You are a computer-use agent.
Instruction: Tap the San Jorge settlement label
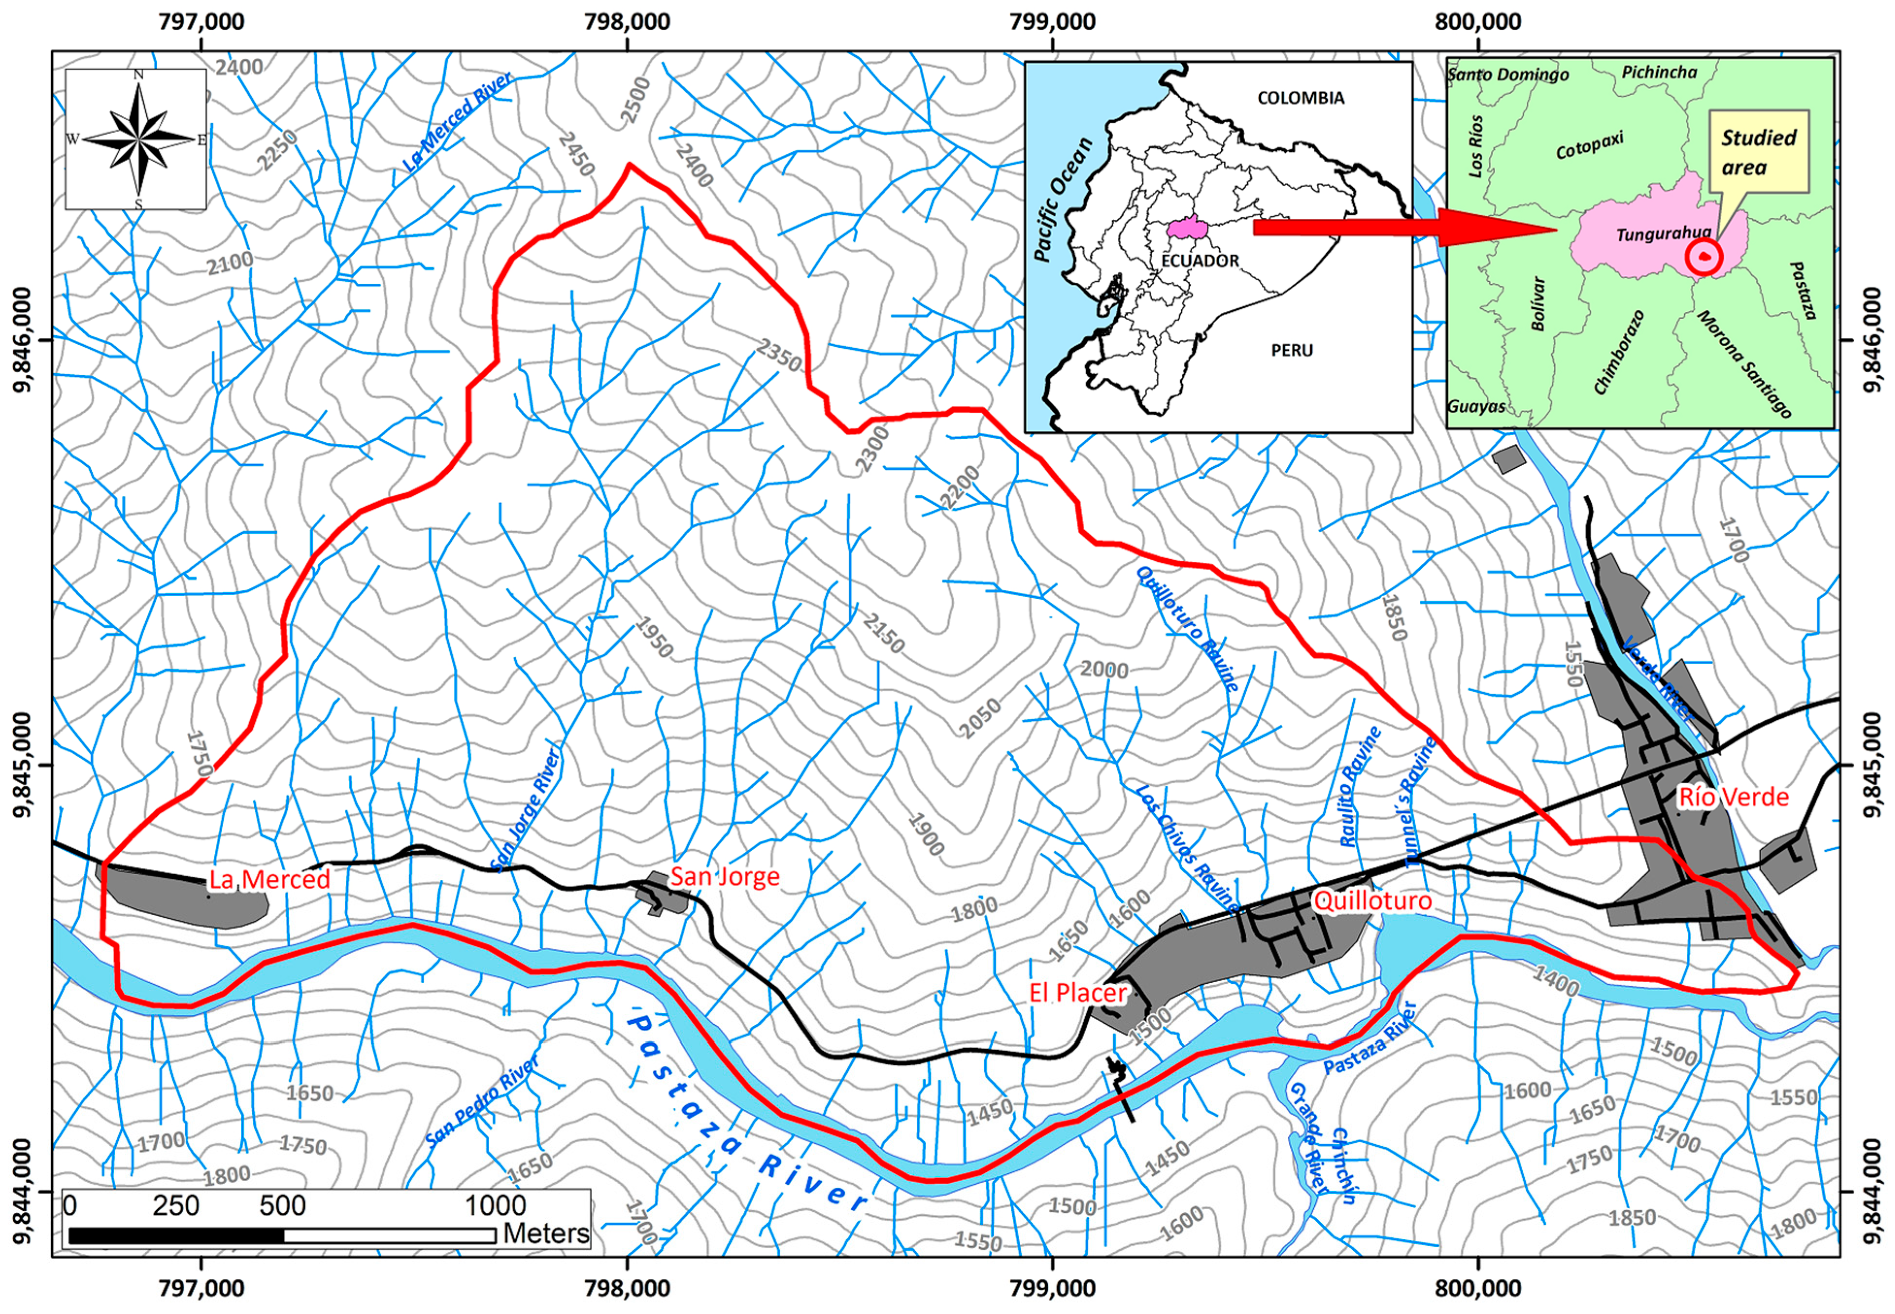click(724, 876)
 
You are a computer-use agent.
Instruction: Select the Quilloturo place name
click(1372, 901)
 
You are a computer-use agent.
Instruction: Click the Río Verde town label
click(1733, 797)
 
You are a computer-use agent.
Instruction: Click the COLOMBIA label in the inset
click(1301, 98)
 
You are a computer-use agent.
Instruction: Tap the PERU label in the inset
click(1291, 350)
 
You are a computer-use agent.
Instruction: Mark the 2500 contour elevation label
click(635, 100)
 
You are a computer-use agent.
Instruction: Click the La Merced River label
click(458, 122)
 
